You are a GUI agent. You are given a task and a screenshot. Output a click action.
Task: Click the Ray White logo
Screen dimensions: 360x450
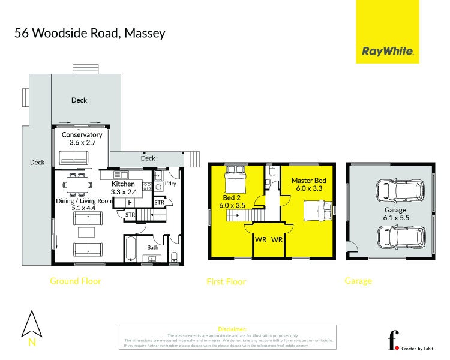coord(387,52)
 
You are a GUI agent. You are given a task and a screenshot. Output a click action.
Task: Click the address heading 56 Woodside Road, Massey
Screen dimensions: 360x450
coord(89,33)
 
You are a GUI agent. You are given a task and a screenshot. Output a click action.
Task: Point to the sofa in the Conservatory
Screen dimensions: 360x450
coord(74,158)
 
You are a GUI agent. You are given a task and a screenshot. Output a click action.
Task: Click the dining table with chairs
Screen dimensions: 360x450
coord(76,184)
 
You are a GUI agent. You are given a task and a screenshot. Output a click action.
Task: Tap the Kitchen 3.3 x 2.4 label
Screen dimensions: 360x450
coord(124,188)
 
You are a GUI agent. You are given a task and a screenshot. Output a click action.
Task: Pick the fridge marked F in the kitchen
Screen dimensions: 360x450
coord(129,203)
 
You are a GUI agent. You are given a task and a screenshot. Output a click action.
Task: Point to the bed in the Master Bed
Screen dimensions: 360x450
coord(316,211)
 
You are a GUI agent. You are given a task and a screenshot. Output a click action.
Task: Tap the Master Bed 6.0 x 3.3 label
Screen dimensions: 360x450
coord(309,184)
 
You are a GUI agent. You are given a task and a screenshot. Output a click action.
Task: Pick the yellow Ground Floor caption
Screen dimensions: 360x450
coord(75,281)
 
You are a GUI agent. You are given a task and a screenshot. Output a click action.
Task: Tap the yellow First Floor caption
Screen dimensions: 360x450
coord(226,281)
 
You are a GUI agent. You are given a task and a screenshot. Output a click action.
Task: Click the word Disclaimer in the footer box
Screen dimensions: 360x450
coord(227,329)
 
